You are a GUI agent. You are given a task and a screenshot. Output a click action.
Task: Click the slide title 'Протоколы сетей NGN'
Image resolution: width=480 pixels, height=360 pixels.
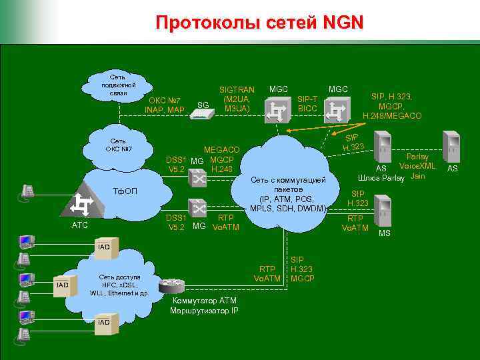pos(259,23)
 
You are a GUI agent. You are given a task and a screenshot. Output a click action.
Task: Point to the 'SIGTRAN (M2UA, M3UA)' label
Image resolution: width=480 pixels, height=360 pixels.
pos(237,99)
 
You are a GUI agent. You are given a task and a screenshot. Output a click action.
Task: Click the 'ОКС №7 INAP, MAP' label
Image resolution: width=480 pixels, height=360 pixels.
pos(164,105)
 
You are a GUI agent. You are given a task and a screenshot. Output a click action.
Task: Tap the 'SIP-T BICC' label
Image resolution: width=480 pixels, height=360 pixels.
pos(307,103)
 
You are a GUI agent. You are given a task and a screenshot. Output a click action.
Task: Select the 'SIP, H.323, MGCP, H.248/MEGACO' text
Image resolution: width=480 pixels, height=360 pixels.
pos(392,106)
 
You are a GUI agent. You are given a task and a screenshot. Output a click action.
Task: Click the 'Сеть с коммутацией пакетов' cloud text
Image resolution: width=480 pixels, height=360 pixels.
pos(288,194)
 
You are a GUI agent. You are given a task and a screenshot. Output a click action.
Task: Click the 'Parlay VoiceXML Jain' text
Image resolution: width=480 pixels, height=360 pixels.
pos(417,166)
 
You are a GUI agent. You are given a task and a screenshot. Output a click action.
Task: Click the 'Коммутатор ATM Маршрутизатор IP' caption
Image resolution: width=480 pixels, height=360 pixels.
pos(204,305)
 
